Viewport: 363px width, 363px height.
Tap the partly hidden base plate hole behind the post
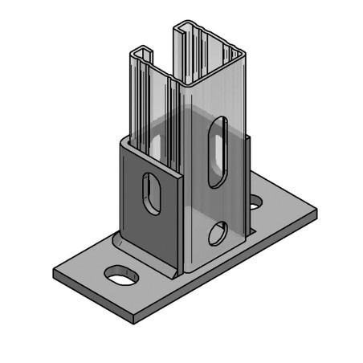(x=255, y=202)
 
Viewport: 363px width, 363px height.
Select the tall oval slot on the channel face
(x=217, y=152)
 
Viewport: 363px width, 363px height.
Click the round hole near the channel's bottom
(x=217, y=234)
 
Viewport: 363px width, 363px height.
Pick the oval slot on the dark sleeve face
(x=151, y=193)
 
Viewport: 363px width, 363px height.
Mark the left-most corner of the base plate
(x=54, y=270)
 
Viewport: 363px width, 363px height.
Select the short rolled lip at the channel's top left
(x=143, y=53)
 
